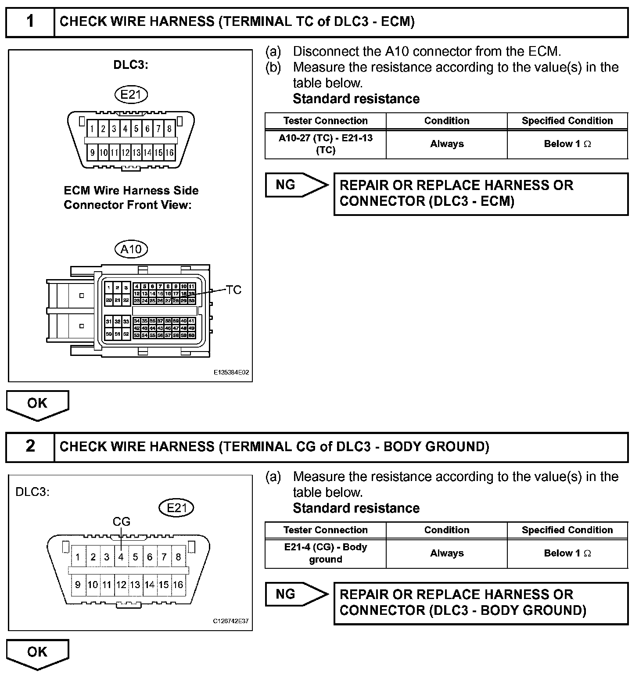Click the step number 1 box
coord(30,22)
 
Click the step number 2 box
coord(30,447)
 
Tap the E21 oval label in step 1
coord(131,94)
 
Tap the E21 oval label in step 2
coord(176,508)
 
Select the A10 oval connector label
coord(131,249)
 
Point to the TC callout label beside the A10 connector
coord(233,290)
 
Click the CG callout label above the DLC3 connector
coord(122,521)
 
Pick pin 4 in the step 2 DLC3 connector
coord(121,557)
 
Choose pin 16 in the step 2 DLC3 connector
coord(178,585)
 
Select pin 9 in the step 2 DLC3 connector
coord(78,585)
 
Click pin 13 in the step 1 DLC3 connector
coord(136,153)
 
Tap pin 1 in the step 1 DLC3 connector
coord(92,129)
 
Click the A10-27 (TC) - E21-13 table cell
coord(325,144)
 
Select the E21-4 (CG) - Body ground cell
coord(325,553)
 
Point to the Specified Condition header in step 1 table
coord(567,121)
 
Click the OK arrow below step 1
coord(37,404)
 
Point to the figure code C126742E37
coord(231,621)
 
